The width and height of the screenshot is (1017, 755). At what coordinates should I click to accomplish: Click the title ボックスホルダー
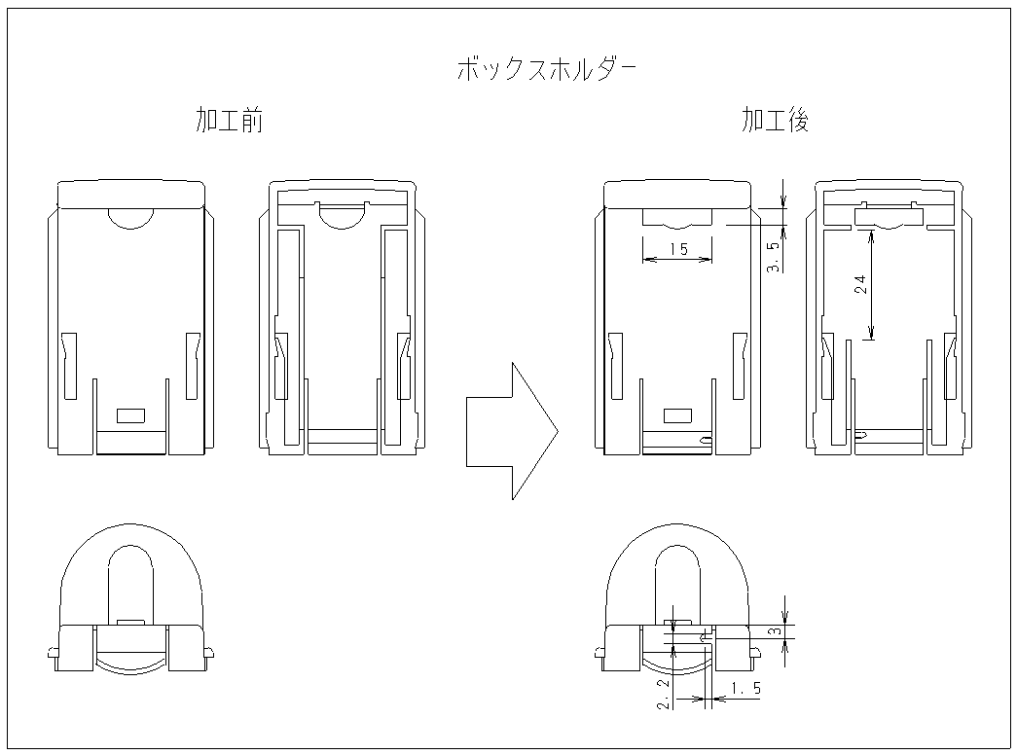tap(546, 69)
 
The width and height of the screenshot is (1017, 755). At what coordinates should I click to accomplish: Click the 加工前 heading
tap(230, 121)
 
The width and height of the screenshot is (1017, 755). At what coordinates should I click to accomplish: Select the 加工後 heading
tap(776, 121)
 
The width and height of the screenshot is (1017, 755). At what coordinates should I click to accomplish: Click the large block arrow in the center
tap(512, 431)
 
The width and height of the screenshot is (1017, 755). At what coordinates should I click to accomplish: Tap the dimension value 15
tap(678, 249)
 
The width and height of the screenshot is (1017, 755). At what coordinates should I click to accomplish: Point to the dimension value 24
tap(860, 284)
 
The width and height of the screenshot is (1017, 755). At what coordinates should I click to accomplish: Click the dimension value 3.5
tap(773, 257)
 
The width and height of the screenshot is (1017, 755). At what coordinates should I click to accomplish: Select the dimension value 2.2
tap(663, 695)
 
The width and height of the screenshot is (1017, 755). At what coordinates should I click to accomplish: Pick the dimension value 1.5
tap(745, 688)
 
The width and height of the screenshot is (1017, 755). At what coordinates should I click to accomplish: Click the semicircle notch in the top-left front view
tap(131, 219)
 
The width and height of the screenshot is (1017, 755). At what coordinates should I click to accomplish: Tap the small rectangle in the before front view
tap(130, 415)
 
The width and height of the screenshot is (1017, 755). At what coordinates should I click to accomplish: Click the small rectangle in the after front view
tap(677, 415)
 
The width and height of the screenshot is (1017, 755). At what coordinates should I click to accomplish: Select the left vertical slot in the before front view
tap(69, 366)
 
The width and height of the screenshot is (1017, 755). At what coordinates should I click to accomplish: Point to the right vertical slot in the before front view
tap(193, 366)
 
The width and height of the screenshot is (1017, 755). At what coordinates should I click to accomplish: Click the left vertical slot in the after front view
tap(615, 366)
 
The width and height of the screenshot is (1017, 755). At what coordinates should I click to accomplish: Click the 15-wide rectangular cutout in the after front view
tap(677, 217)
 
